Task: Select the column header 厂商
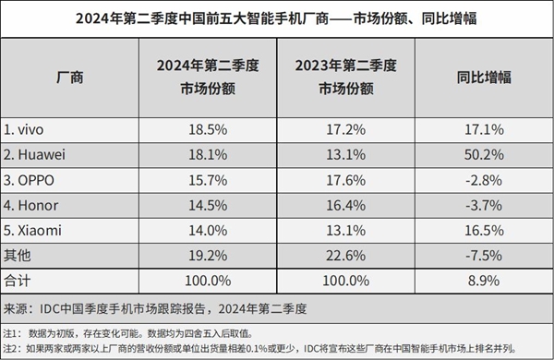(70, 78)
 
